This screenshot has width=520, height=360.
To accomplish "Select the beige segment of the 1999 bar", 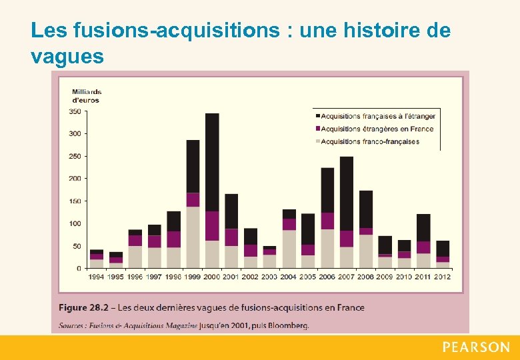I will pyautogui.click(x=193, y=237).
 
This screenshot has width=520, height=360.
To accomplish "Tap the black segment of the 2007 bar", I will pyautogui.click(x=347, y=193).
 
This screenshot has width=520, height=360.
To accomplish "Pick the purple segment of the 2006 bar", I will pyautogui.click(x=327, y=221).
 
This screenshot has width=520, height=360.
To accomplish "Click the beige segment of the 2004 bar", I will pyautogui.click(x=289, y=249).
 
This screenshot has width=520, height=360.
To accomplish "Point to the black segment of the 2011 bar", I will pyautogui.click(x=423, y=227).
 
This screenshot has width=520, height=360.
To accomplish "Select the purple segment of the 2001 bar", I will pyautogui.click(x=231, y=237).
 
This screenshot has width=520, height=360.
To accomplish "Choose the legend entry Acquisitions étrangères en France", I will pyautogui.click(x=377, y=129).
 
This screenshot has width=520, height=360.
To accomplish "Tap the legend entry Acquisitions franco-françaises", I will pyautogui.click(x=370, y=141).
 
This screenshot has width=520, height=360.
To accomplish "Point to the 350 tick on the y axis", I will pyautogui.click(x=75, y=111).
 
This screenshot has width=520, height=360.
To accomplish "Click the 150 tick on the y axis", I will pyautogui.click(x=75, y=201).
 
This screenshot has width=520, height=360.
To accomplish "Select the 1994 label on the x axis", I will pyautogui.click(x=97, y=277).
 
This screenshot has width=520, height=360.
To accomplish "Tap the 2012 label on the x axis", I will pyautogui.click(x=443, y=277).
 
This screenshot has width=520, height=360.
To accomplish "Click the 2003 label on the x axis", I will pyautogui.click(x=269, y=277).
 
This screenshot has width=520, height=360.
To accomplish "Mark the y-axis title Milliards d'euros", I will pyautogui.click(x=86, y=96).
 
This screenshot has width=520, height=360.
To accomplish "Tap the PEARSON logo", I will pyautogui.click(x=475, y=347).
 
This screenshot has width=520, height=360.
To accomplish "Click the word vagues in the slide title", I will pyautogui.click(x=67, y=57).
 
